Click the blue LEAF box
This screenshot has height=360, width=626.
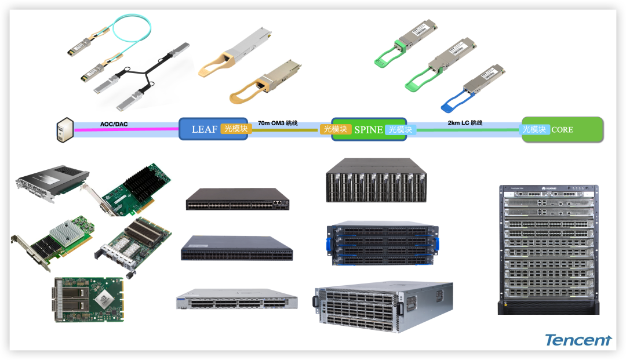pyautogui.click(x=200, y=129)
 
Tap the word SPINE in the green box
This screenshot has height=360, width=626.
pyautogui.click(x=369, y=130)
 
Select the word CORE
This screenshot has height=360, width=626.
pyautogui.click(x=562, y=130)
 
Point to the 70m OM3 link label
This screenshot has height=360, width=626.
pyautogui.click(x=278, y=123)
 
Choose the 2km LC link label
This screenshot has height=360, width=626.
pyautogui.click(x=465, y=123)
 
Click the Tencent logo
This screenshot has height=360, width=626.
pyautogui.click(x=578, y=340)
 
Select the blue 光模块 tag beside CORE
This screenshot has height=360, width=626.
pyautogui.click(x=534, y=129)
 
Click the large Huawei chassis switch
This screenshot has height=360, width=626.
pyautogui.click(x=548, y=249)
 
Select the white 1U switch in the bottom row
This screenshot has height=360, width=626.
pyautogui.click(x=236, y=301)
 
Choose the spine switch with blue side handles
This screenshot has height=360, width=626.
pyautogui.click(x=383, y=243)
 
